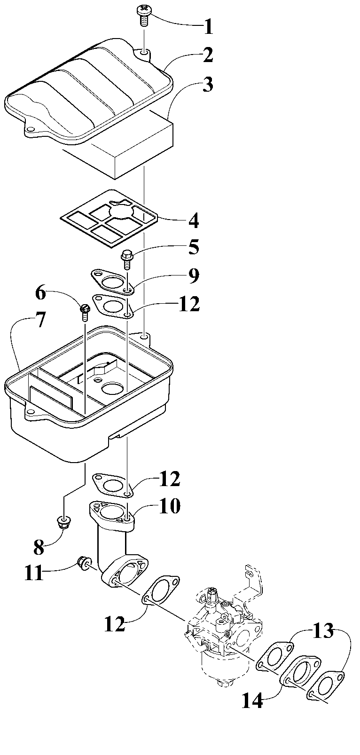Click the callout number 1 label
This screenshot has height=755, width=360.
[x=208, y=27]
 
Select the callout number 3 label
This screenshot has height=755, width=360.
[x=207, y=85]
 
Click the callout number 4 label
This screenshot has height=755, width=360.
[x=193, y=220]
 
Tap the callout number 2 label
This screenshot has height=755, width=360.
[x=208, y=55]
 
